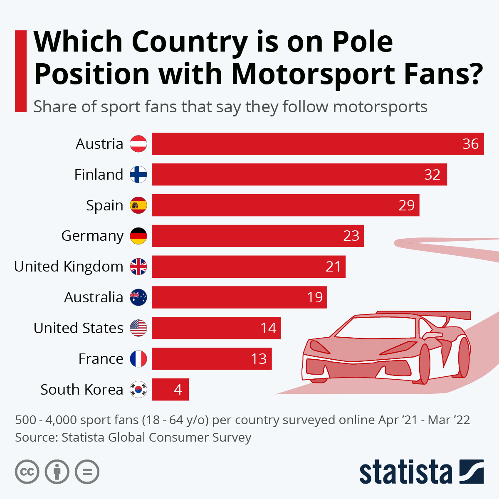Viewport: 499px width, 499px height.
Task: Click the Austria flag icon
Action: pyautogui.click(x=138, y=144)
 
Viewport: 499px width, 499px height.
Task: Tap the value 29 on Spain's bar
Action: pyautogui.click(x=406, y=205)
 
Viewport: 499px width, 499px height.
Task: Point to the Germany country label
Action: pyautogui.click(x=92, y=236)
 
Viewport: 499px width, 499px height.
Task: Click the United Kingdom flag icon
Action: pyautogui.click(x=138, y=267)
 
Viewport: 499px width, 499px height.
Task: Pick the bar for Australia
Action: pyautogui.click(x=239, y=297)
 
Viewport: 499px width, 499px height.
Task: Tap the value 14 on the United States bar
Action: pyautogui.click(x=268, y=328)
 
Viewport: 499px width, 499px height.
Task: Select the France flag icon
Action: pyautogui.click(x=138, y=359)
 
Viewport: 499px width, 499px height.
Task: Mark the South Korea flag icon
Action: pyautogui.click(x=138, y=390)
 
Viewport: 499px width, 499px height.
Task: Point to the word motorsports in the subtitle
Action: pyautogui.click(x=380, y=107)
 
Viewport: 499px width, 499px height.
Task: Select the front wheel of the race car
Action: pyautogui.click(x=424, y=364)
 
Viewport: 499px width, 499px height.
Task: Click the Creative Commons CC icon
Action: pyautogui.click(x=27, y=472)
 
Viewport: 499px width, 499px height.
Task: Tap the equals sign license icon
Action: pyautogui.click(x=87, y=472)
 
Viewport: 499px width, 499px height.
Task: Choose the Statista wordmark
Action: pyautogui.click(x=405, y=472)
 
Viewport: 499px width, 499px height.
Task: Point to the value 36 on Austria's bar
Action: pyautogui.click(x=470, y=144)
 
